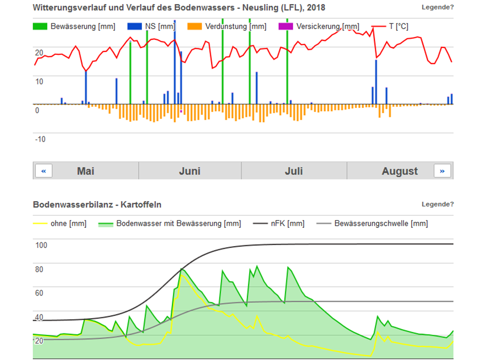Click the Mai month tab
(85, 171)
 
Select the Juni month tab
(189, 171)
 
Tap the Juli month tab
(294, 171)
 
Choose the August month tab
(400, 171)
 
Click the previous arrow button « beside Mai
(43, 171)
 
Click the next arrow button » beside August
(442, 171)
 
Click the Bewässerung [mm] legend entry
(74, 26)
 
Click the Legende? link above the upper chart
(438, 7)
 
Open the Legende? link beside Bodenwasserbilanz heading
(438, 204)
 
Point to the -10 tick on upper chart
(40, 139)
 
